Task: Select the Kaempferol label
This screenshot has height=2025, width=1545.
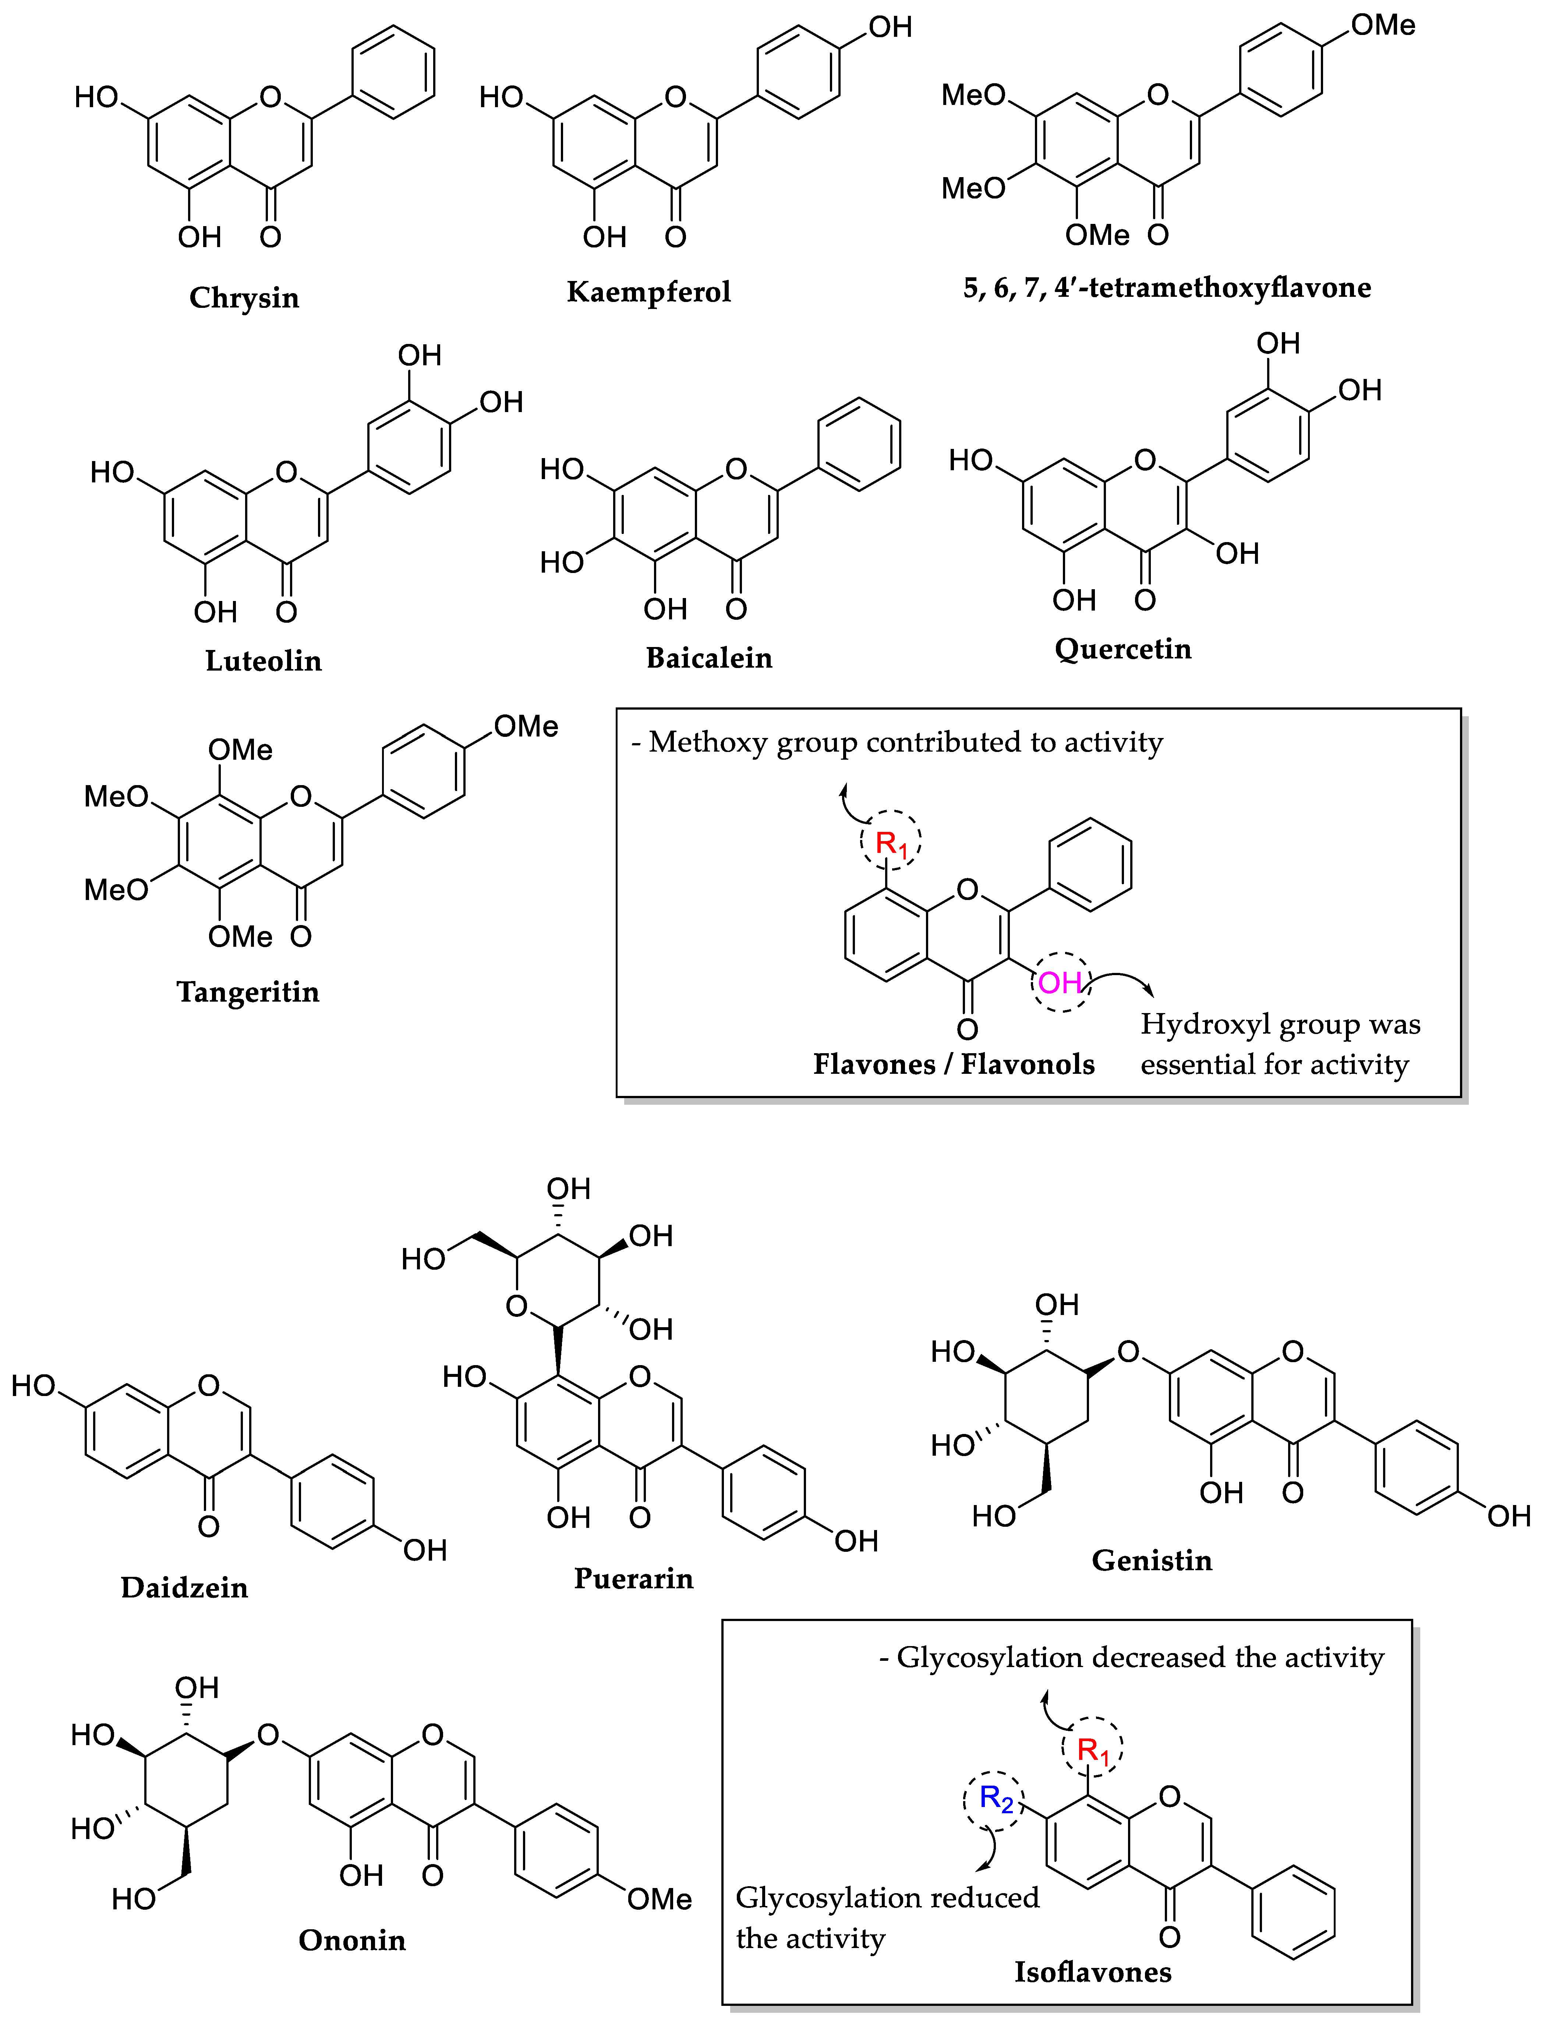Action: (648, 292)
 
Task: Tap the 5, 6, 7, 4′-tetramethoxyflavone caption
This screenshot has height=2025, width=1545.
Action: (1166, 288)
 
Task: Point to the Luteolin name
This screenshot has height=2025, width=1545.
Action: (263, 661)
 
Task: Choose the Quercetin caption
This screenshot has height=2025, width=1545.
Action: (1123, 648)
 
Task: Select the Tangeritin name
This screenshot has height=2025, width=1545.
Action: (247, 992)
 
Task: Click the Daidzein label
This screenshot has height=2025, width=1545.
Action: (184, 1587)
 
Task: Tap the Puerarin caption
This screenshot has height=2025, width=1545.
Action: (634, 1578)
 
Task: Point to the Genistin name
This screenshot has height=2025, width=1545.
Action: (1152, 1560)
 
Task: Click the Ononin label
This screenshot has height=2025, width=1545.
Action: (351, 1940)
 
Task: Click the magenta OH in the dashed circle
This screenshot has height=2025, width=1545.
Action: (1060, 982)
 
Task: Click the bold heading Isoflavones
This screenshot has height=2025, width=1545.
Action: (1093, 1972)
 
